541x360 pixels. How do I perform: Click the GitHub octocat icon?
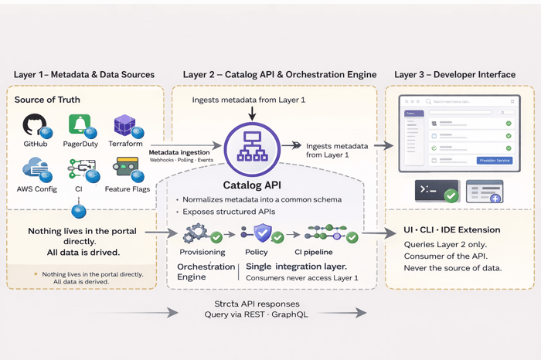pos(35,125)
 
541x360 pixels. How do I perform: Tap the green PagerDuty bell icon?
pos(79,124)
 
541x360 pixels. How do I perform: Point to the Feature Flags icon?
pos(126,167)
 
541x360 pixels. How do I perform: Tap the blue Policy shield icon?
pos(263,233)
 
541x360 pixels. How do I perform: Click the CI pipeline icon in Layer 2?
pos(325,233)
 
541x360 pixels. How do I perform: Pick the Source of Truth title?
pos(47,100)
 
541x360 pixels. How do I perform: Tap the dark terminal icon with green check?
pos(437,192)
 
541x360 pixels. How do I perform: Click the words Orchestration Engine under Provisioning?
pos(195,271)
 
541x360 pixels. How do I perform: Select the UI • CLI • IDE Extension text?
pos(452,230)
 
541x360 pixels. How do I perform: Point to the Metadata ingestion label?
pos(179,152)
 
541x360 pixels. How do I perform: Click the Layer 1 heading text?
pos(84,75)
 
